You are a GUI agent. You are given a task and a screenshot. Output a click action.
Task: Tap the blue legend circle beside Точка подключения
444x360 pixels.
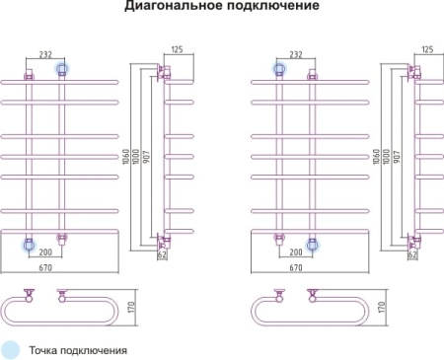(x=11, y=349)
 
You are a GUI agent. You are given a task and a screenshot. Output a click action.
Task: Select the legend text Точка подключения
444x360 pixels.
(x=78, y=349)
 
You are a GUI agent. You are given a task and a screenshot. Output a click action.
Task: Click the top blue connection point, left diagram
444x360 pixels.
(x=63, y=68)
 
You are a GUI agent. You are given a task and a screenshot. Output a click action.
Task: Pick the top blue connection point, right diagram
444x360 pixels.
(x=279, y=68)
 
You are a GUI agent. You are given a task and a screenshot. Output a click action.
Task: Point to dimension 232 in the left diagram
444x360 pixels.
(x=46, y=55)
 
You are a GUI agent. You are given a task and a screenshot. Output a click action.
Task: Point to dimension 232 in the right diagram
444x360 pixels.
(x=296, y=55)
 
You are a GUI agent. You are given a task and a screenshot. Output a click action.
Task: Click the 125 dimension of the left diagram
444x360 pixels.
(x=178, y=48)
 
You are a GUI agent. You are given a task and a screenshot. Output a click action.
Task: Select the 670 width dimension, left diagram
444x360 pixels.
(x=45, y=269)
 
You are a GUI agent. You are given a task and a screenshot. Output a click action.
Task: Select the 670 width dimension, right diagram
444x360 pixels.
(x=295, y=269)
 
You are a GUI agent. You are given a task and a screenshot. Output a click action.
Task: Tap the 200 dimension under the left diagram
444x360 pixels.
(x=45, y=252)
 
